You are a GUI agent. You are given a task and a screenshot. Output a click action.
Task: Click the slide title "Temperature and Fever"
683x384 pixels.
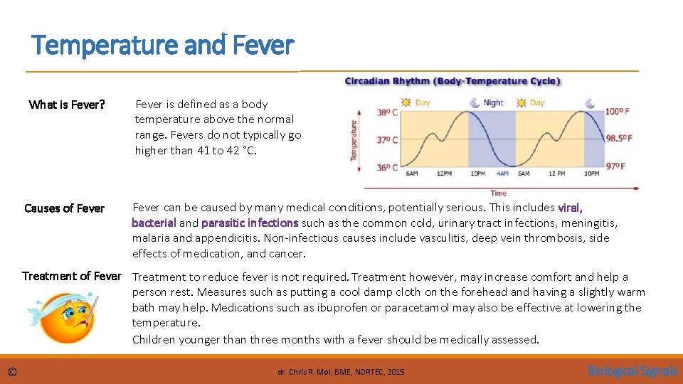[162, 46]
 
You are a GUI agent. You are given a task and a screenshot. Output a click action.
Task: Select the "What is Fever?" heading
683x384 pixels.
[67, 105]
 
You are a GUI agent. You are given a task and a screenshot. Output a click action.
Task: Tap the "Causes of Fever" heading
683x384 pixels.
[64, 208]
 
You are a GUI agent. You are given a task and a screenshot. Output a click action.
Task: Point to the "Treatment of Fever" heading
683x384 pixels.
[72, 276]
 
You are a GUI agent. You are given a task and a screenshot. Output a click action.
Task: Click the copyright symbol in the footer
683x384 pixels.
[12, 371]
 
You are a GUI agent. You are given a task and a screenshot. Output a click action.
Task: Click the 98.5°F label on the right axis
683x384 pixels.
[619, 139]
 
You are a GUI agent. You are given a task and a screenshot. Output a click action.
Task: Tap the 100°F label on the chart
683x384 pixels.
[617, 112]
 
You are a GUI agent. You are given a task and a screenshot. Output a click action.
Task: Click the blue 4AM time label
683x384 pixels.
[502, 174]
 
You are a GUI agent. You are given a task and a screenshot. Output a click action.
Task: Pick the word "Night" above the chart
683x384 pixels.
[493, 102]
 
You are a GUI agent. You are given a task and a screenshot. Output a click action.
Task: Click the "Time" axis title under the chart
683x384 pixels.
[498, 193]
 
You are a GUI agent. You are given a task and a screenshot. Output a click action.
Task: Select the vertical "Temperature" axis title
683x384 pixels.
[354, 139]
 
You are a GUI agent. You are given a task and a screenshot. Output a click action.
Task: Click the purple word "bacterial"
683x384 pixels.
[154, 223]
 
